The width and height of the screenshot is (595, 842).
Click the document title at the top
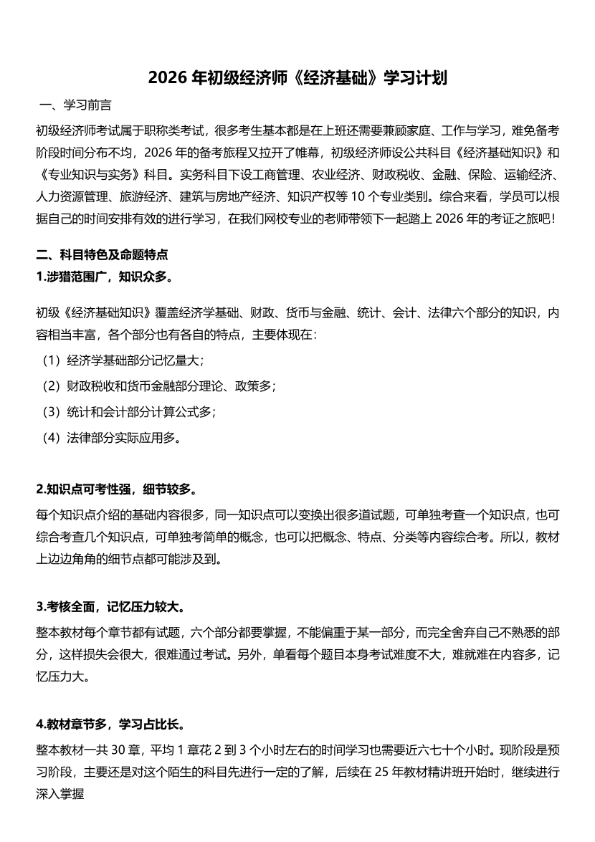[297, 78]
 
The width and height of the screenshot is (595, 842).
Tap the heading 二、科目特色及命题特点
[102, 254]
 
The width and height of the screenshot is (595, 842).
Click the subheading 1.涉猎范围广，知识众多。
[104, 276]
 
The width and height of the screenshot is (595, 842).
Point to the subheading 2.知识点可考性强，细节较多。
[116, 489]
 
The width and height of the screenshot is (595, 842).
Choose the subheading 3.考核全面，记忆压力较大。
[110, 607]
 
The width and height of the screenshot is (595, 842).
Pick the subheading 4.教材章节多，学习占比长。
[112, 724]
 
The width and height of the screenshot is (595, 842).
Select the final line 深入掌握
[59, 794]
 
